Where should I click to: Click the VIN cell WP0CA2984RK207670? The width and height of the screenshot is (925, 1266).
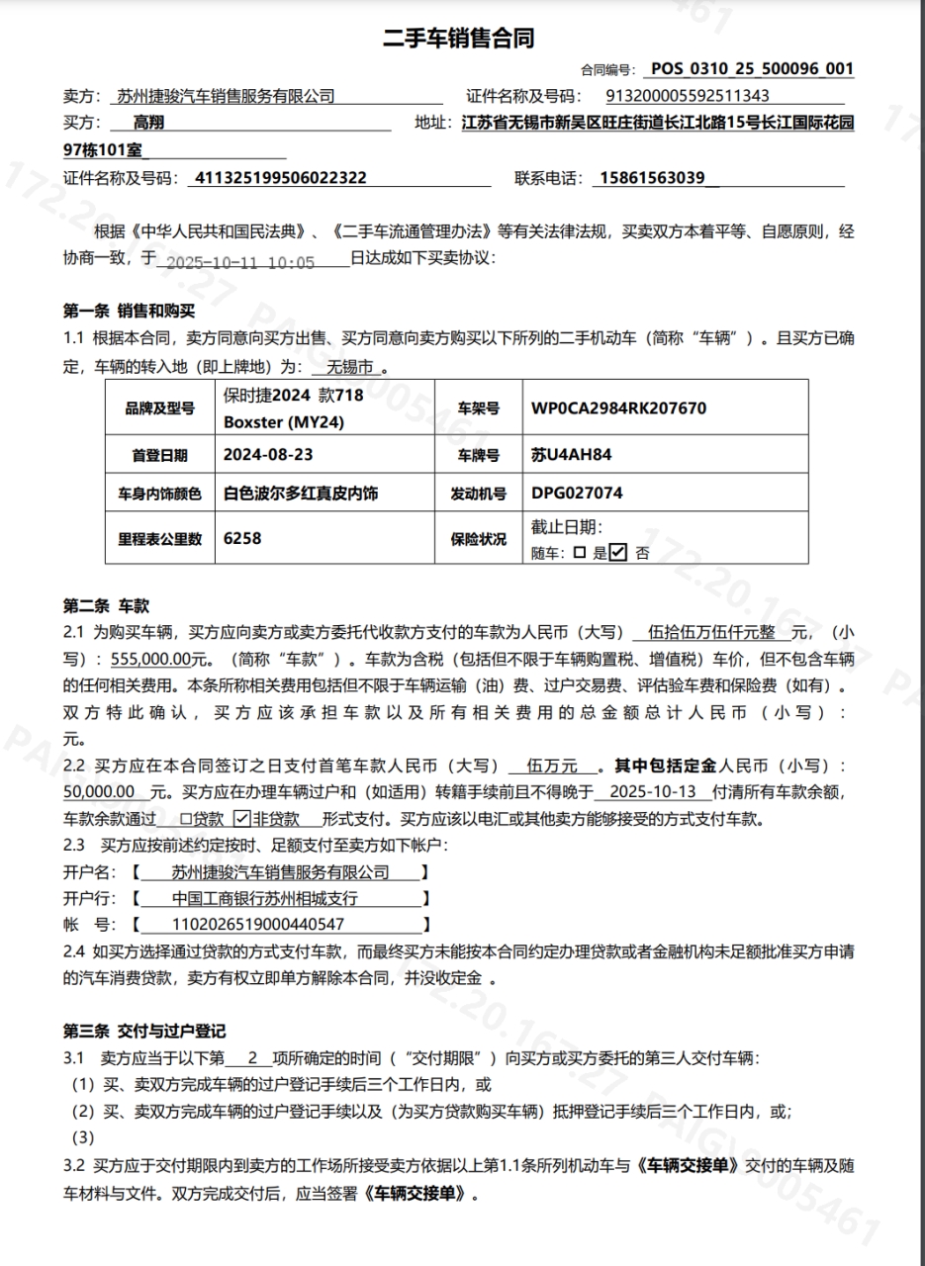[x=619, y=407]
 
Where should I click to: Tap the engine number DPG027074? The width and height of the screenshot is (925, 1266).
[x=577, y=493]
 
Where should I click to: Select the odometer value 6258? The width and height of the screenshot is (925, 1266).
[x=242, y=539]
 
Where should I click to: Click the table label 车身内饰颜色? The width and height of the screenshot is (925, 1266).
[x=160, y=494]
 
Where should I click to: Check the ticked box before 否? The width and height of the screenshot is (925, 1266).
[x=619, y=553]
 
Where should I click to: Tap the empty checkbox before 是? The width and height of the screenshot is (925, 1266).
[x=580, y=553]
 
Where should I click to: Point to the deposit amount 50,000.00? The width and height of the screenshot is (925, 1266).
[x=99, y=792]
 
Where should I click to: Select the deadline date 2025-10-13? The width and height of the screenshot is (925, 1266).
[x=655, y=792]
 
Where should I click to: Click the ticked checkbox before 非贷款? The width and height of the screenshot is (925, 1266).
[x=241, y=819]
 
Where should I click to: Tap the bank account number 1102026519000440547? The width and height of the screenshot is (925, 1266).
[x=258, y=925]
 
